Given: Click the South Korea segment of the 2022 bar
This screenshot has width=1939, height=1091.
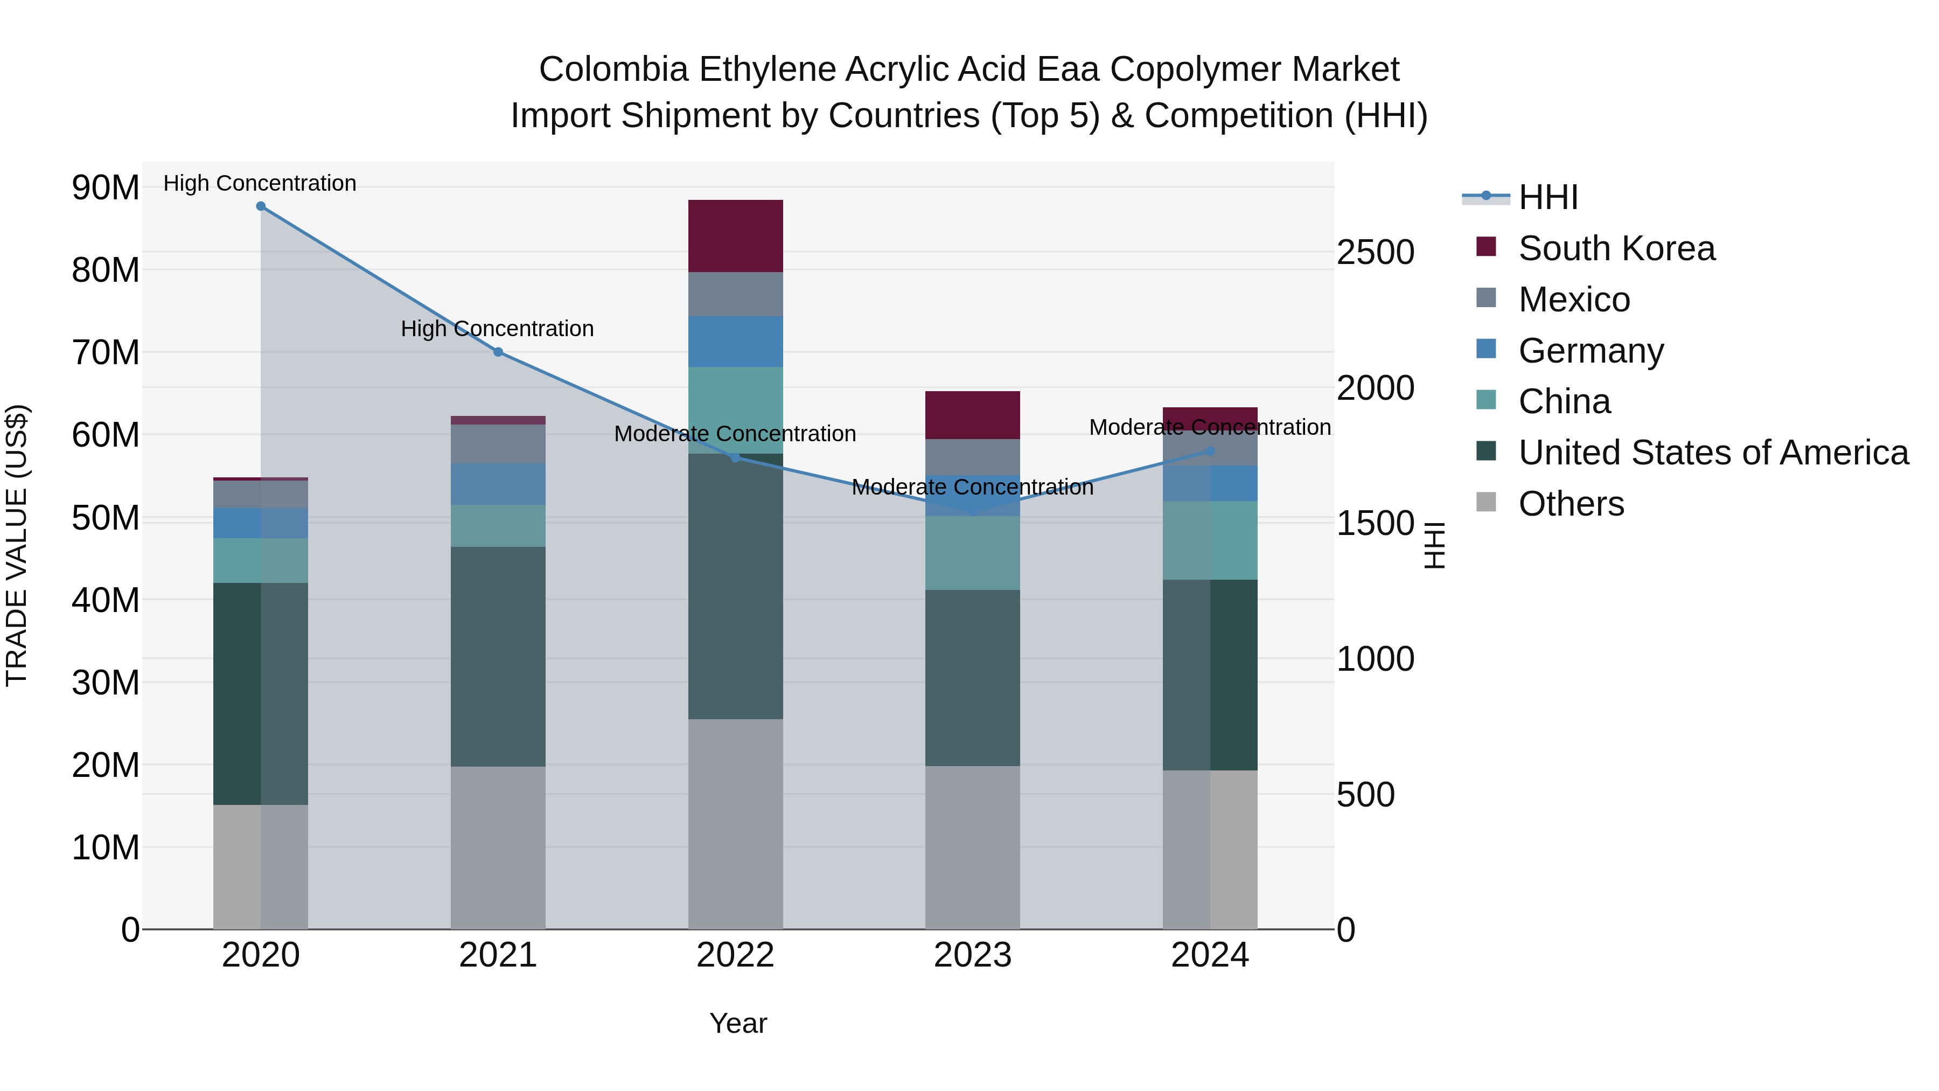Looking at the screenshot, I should [x=735, y=235].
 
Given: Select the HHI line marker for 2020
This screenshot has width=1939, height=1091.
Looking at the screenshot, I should [x=261, y=206].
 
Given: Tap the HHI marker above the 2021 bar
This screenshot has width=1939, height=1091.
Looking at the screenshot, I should [x=498, y=352].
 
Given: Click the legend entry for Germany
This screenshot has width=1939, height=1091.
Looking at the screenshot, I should [x=1590, y=351].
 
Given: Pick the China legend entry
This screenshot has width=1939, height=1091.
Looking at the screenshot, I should [x=1564, y=402].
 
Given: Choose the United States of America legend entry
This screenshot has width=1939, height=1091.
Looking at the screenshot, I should [x=1712, y=453].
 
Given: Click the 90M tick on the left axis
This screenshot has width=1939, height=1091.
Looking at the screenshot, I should [x=106, y=187].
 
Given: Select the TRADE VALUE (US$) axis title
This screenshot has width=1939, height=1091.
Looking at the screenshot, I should [x=17, y=545].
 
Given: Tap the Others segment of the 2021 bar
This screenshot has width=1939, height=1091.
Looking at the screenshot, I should [x=498, y=847].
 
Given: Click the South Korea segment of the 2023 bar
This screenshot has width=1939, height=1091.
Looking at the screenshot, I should [x=973, y=415].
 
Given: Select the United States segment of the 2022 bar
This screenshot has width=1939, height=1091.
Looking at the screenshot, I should [x=735, y=586].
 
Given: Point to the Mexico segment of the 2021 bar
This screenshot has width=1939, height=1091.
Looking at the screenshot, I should [x=498, y=444].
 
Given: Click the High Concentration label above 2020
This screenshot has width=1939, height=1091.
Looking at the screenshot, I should [x=260, y=184].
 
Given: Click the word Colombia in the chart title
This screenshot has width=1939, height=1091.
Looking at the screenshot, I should [x=613, y=70].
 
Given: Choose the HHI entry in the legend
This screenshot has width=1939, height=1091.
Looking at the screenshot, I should [x=1547, y=197].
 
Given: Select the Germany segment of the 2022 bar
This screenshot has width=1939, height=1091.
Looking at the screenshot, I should [x=735, y=342].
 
